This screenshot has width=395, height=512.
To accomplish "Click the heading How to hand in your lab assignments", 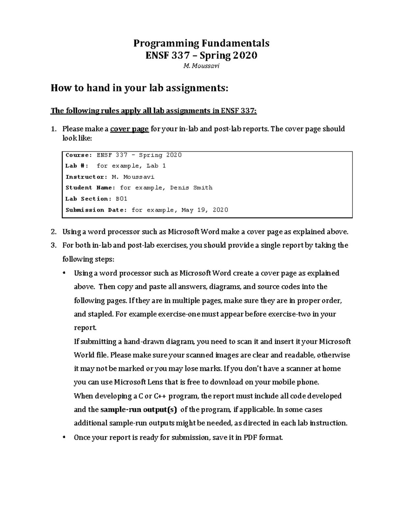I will (139, 88).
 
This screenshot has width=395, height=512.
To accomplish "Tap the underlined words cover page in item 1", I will (129, 129).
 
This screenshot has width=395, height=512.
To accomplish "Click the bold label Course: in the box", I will (79, 155).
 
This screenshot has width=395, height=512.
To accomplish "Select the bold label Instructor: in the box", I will (86, 177).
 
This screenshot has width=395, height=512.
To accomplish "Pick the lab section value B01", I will (121, 199).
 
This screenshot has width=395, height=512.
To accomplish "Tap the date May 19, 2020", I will (204, 210).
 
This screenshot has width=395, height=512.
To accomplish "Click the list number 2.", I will (53, 232).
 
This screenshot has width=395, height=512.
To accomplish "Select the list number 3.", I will (53, 246).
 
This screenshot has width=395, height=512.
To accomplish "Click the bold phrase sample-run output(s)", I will (138, 409).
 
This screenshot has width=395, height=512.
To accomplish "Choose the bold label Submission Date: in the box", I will (96, 210).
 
